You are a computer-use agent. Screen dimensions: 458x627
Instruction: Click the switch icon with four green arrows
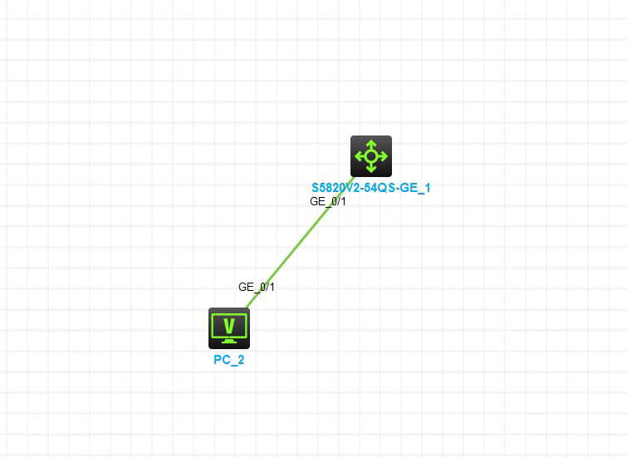point(370,155)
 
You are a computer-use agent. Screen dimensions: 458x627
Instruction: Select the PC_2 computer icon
point(228,327)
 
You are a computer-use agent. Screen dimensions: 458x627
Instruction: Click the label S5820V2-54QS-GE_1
point(370,188)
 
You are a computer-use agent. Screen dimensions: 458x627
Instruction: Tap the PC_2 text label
point(228,361)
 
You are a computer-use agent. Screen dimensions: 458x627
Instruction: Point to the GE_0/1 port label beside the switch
point(328,201)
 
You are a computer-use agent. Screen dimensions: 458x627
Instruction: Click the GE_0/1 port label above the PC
point(256,287)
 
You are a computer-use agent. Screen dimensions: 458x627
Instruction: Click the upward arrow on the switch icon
point(370,144)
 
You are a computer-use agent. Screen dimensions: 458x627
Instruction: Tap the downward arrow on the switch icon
point(370,167)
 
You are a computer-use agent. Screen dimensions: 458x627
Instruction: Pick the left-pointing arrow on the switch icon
point(359,155)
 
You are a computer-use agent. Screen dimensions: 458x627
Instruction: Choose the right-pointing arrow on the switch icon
point(383,155)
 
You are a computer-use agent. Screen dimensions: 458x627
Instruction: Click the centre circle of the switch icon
point(370,155)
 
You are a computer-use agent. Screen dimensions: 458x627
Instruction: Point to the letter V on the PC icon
point(229,324)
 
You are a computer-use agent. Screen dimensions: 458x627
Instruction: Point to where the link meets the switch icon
point(355,175)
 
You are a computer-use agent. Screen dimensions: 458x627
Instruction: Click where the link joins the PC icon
point(247,309)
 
